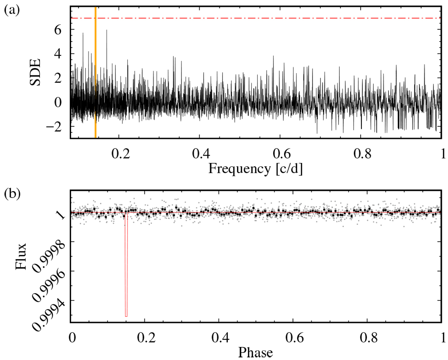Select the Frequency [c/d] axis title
255,169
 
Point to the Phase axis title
255,353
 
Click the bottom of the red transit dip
126,316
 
